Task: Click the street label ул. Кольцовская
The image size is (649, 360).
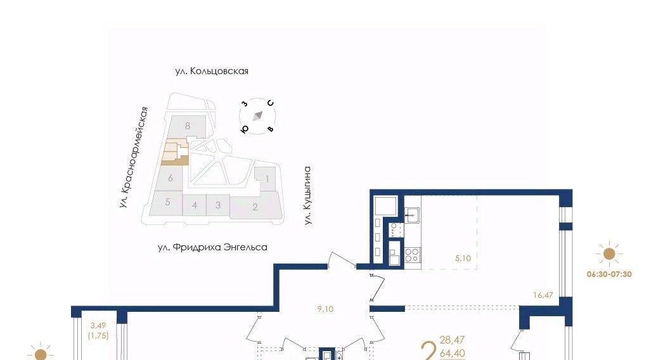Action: pos(212,71)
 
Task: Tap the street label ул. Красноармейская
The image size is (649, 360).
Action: pos(133,157)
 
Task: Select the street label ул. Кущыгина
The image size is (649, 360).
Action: pos(307,196)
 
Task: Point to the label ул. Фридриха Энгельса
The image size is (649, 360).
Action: pos(212,247)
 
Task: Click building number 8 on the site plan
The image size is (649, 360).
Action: pos(188,125)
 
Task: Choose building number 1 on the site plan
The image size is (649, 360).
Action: pos(267,179)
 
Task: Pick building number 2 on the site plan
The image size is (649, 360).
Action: pos(255,207)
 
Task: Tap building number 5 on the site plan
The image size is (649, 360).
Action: pos(167,202)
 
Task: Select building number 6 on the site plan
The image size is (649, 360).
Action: pos(170,178)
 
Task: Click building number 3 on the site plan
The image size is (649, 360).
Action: pos(218,205)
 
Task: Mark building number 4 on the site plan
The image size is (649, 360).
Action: pos(195,205)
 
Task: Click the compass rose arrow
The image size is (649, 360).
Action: pos(258,116)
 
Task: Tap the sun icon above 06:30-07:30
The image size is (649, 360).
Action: pos(609,254)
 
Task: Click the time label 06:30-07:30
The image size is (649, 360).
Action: pos(609,274)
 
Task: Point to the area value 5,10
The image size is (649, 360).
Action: pos(463,258)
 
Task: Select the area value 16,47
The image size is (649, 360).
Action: pos(543,295)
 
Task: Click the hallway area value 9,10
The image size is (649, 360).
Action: pos(325,309)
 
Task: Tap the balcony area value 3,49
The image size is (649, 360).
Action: pos(98,326)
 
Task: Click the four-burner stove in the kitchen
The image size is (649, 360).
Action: pos(412,255)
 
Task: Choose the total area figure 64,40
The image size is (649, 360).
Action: pos(453,354)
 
